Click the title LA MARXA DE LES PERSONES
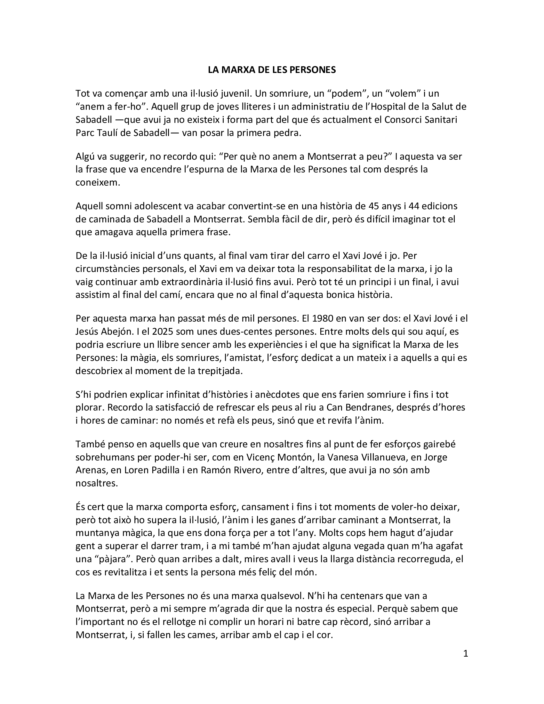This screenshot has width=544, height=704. click(x=272, y=70)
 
